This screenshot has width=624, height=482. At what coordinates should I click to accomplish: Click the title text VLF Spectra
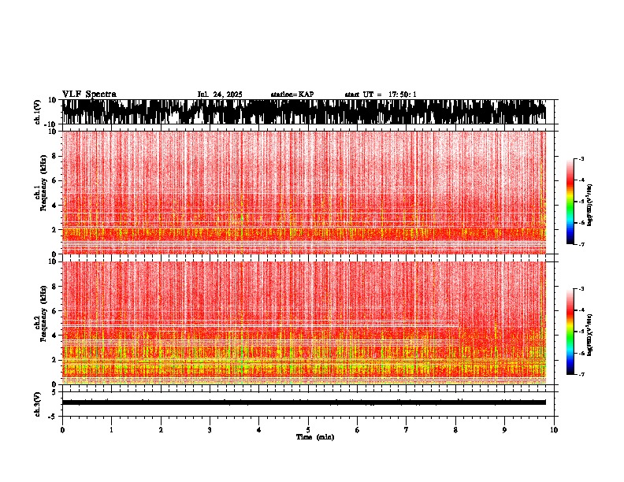tap(89, 94)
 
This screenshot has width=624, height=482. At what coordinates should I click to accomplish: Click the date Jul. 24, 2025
tap(220, 95)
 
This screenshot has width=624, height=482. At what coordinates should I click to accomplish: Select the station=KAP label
tap(292, 95)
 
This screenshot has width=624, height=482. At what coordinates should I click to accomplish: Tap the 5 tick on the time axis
tap(308, 430)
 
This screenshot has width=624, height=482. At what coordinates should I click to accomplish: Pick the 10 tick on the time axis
tap(554, 430)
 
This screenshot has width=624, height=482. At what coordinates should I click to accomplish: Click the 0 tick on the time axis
tap(62, 430)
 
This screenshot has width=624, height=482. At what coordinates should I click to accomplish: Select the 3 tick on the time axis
tap(210, 430)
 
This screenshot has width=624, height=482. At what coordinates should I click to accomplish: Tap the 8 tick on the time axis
tap(455, 430)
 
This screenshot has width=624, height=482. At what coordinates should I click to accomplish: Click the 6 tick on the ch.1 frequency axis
tap(55, 180)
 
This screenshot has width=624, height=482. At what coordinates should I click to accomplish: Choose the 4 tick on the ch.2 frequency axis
tap(55, 335)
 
